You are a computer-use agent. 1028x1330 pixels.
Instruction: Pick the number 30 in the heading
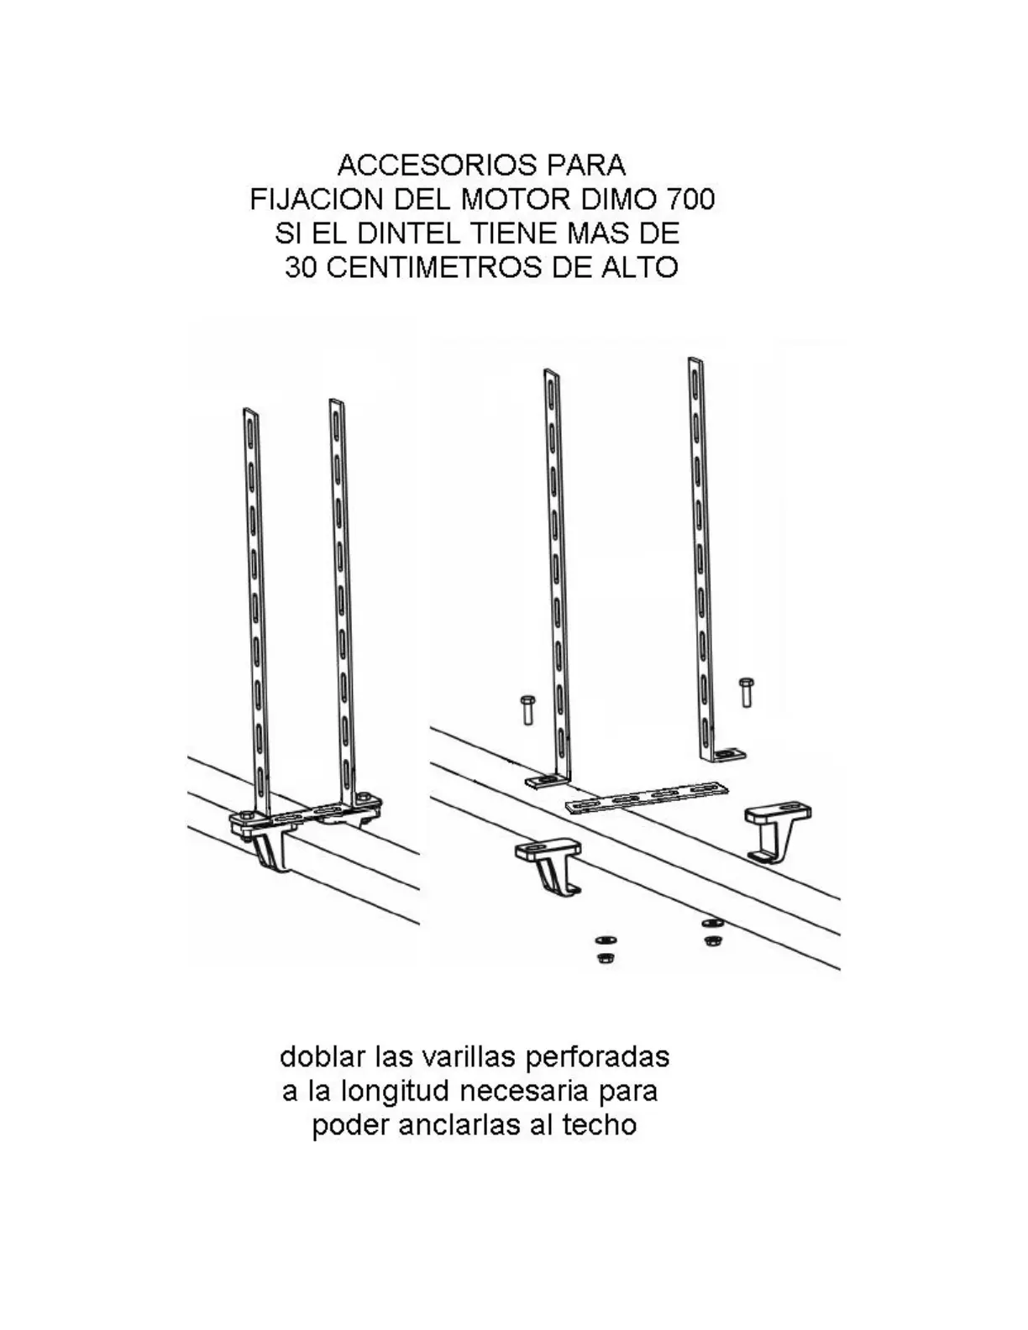302,268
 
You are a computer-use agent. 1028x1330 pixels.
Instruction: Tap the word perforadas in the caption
596,1056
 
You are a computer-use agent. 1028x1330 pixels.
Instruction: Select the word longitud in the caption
394,1091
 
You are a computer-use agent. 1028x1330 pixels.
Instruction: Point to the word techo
599,1125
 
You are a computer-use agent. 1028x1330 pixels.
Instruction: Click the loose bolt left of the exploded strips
527,710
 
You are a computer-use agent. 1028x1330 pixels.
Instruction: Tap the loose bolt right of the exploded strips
746,692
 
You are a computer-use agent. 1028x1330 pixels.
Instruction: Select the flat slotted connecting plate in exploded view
647,798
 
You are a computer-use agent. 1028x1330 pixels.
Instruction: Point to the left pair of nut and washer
604,948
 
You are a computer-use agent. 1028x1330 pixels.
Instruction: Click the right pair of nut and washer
712,931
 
